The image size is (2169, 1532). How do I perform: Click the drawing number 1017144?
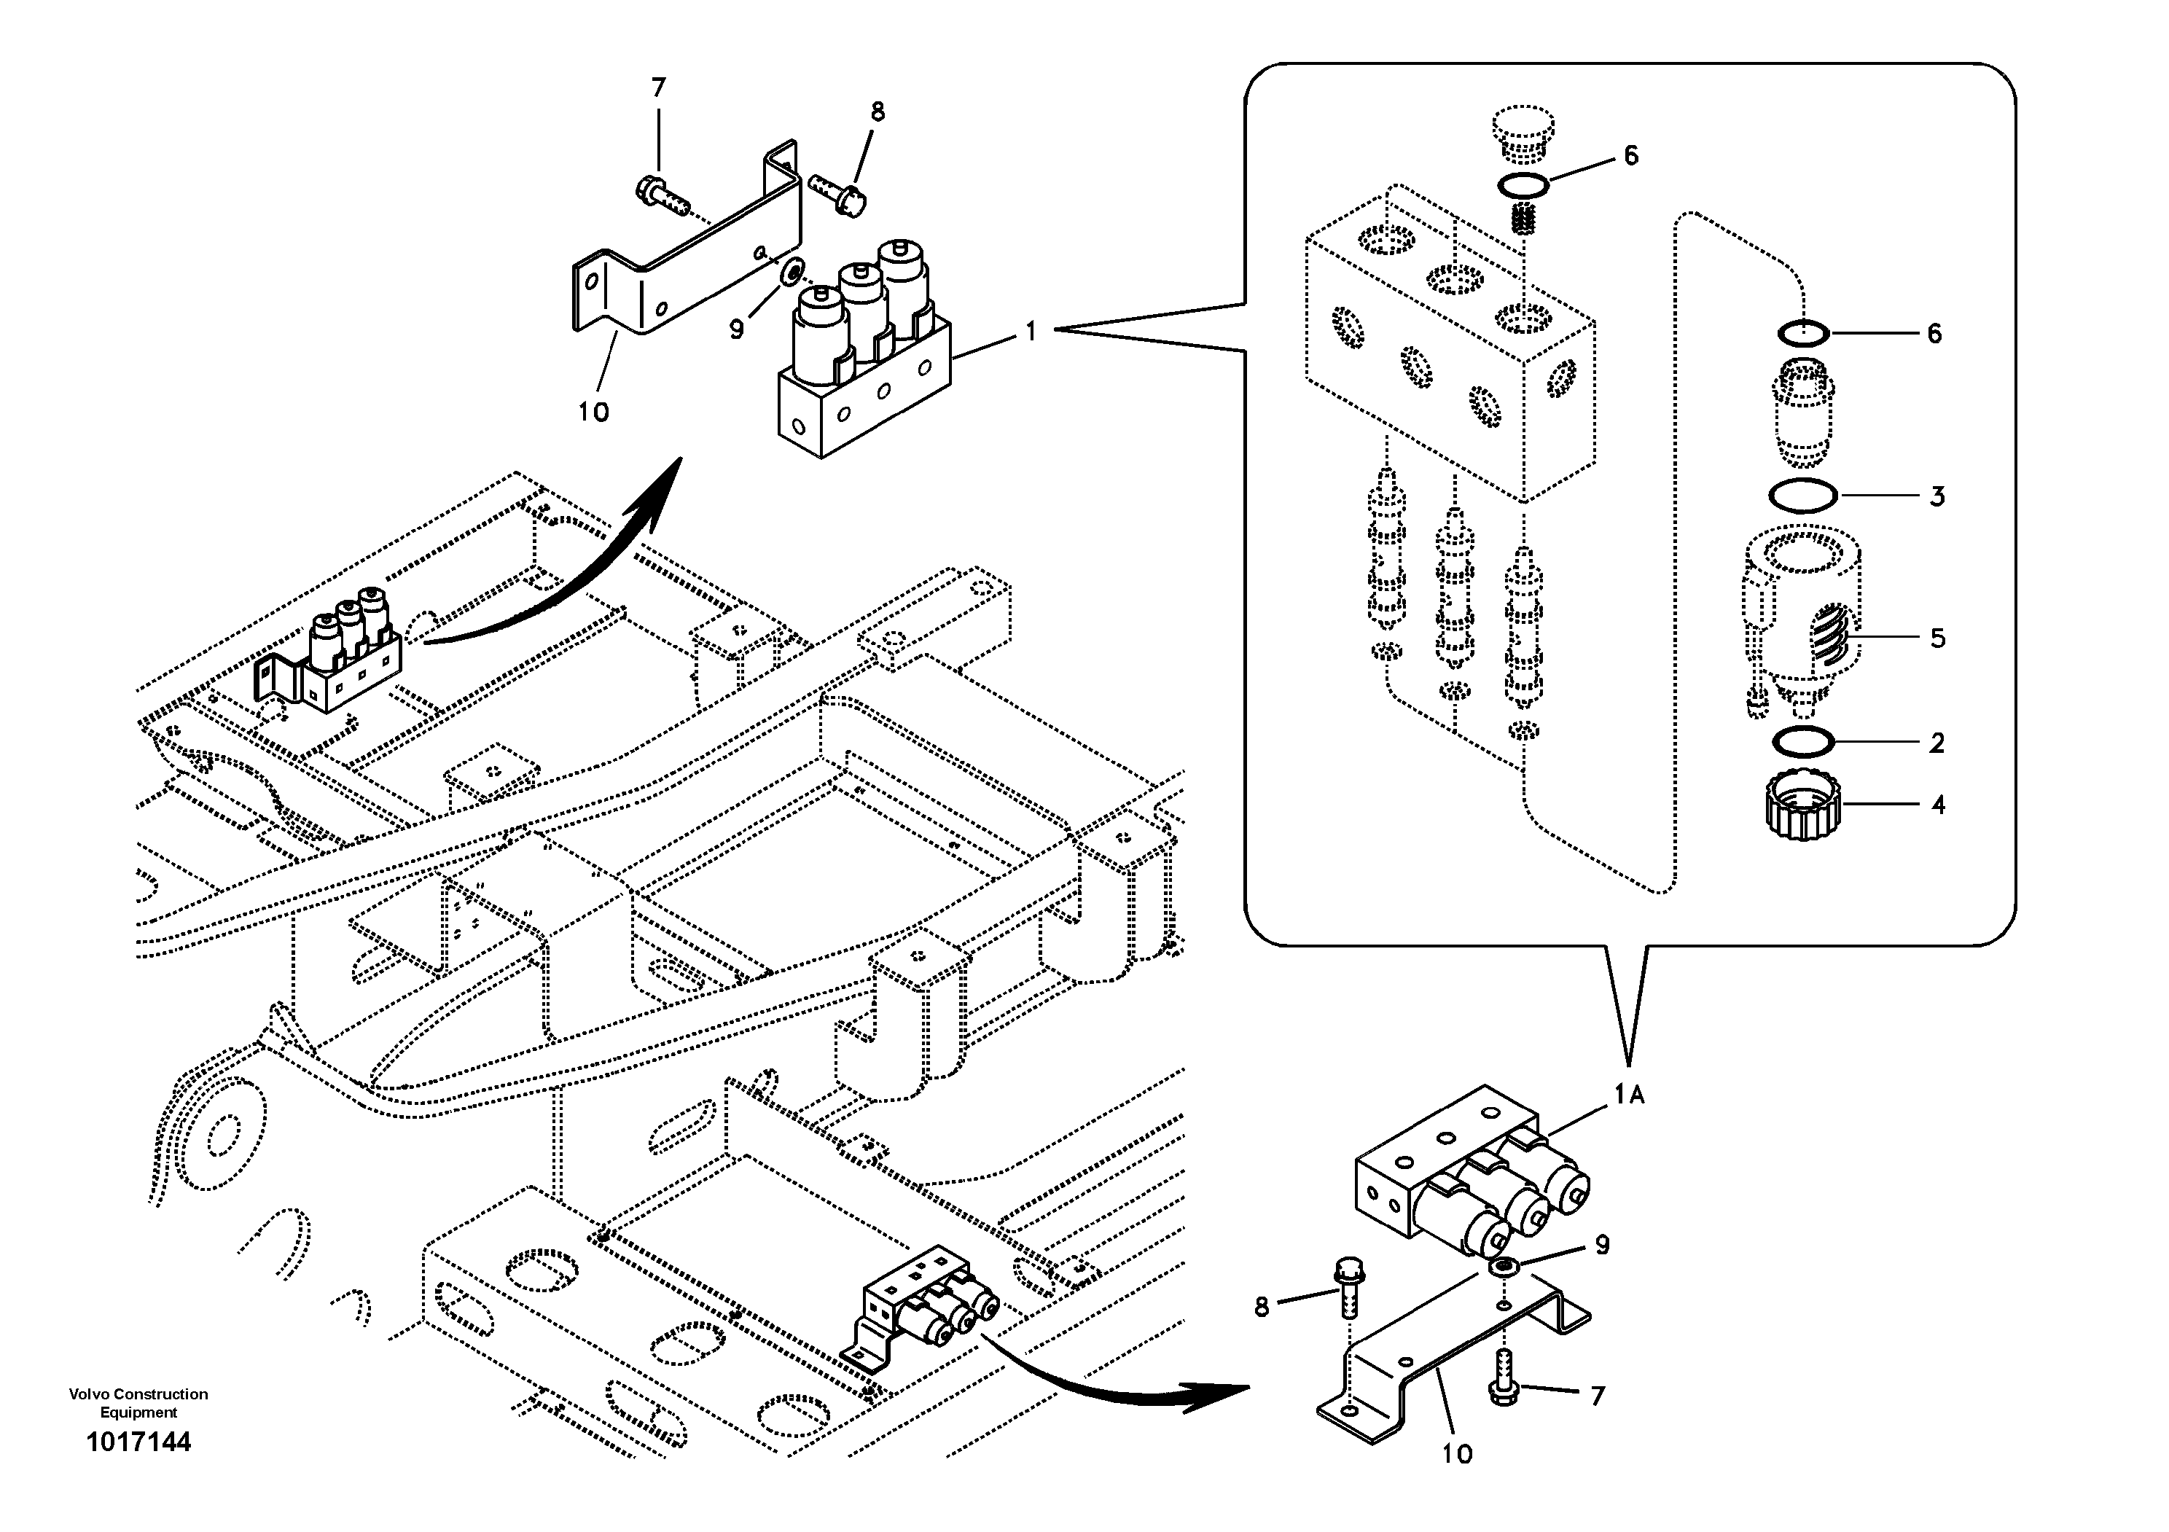coord(138,1442)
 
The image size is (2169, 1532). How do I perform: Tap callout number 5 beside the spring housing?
coord(1937,638)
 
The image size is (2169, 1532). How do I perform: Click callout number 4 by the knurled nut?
coord(1937,805)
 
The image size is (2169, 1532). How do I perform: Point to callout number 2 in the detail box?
coord(1937,743)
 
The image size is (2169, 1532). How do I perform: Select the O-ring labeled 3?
coord(1802,496)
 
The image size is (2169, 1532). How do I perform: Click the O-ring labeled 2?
coord(1803,743)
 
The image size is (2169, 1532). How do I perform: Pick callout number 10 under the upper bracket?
coord(593,412)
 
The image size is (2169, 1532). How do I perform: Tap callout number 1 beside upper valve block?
coord(1031,332)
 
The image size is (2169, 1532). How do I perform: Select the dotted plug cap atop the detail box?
coord(1523,131)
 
